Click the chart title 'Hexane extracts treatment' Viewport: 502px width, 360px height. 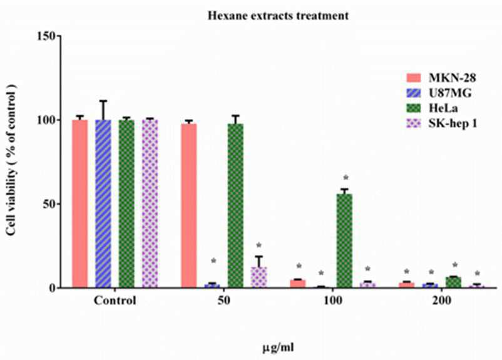pyautogui.click(x=278, y=16)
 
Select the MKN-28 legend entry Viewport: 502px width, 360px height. pyautogui.click(x=441, y=78)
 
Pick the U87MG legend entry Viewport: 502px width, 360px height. pyautogui.click(x=439, y=93)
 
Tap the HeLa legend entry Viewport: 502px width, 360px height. pyautogui.click(x=432, y=108)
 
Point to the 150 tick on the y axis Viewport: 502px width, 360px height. pyautogui.click(x=48, y=36)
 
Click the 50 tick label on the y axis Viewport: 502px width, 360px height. pyautogui.click(x=51, y=204)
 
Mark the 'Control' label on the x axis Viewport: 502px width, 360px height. pyautogui.click(x=115, y=301)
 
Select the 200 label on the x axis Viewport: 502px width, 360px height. pyautogui.click(x=441, y=301)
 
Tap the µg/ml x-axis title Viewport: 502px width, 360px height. pyautogui.click(x=278, y=347)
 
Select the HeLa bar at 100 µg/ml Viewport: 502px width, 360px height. pyautogui.click(x=344, y=241)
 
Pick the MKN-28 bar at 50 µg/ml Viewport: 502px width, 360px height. pyautogui.click(x=189, y=205)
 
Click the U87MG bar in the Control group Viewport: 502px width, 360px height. pyautogui.click(x=103, y=203)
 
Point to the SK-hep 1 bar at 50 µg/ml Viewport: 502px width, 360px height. pyautogui.click(x=259, y=277)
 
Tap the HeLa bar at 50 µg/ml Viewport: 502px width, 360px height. pyautogui.click(x=235, y=205)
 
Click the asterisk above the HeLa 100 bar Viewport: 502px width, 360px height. pyautogui.click(x=346, y=178)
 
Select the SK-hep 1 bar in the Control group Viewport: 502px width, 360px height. pyautogui.click(x=150, y=203)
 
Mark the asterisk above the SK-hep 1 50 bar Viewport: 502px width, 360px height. pyautogui.click(x=259, y=245)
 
